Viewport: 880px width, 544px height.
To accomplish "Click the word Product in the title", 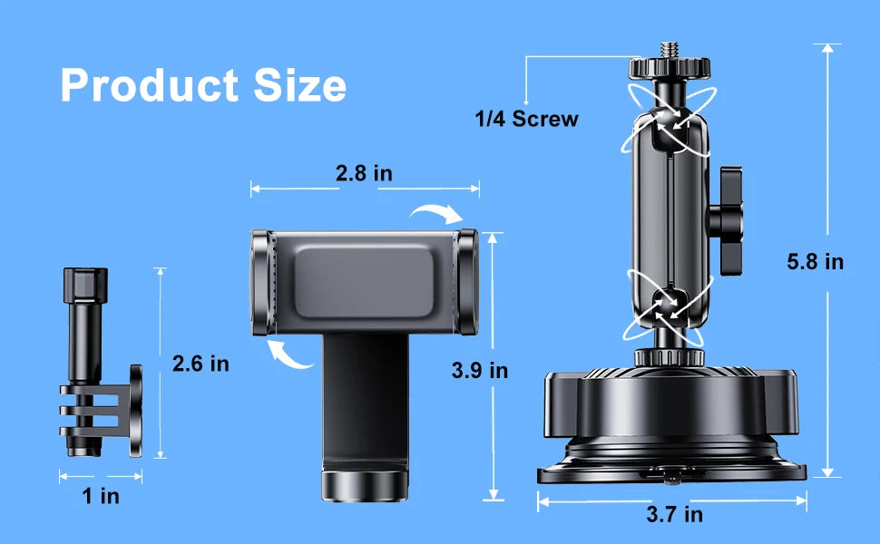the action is click(x=150, y=85).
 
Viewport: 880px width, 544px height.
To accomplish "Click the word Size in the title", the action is click(x=299, y=85).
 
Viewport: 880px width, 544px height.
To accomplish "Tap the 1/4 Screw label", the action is click(x=526, y=119).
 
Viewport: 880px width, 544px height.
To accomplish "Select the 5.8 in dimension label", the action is click(x=815, y=262).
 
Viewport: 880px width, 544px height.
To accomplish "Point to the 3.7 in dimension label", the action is click(x=675, y=514).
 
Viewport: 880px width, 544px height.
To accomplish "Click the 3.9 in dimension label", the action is click(x=480, y=370).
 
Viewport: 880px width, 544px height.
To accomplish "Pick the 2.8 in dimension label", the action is click(x=364, y=173).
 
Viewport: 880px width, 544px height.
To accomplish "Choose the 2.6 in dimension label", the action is click(x=200, y=364).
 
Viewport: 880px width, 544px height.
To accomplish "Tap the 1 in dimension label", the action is click(x=101, y=496).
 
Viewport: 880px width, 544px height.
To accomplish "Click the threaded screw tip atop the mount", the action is click(x=670, y=49).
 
